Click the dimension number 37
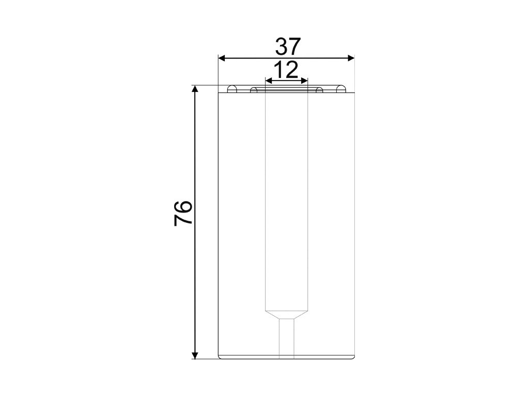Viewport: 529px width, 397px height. (287, 47)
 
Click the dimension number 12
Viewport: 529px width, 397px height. (286, 70)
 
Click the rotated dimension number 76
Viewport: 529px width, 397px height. (183, 213)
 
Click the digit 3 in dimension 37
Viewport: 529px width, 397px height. (282, 47)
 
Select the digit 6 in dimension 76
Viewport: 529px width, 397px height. (183, 207)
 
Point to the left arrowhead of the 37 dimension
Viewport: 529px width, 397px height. (222, 58)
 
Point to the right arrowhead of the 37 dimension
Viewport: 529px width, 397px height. (351, 58)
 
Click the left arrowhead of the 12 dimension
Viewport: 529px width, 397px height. (269, 81)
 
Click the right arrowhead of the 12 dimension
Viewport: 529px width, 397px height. (304, 81)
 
